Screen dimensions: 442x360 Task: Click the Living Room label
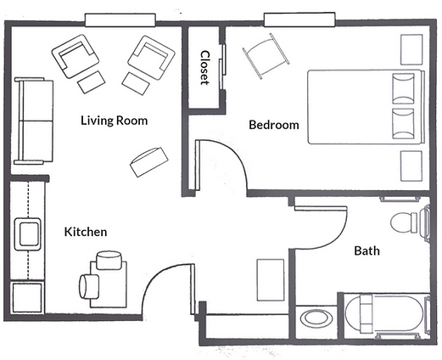[x=115, y=121]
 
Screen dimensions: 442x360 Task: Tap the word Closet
[x=204, y=68]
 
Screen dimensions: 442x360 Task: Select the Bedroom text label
[x=274, y=125]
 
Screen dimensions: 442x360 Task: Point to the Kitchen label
[x=86, y=232]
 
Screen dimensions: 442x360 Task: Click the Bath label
[x=366, y=250]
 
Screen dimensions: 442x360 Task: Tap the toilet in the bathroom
[x=410, y=223]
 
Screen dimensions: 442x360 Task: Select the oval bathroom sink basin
[x=316, y=318]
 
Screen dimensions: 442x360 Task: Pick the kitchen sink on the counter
[x=28, y=234]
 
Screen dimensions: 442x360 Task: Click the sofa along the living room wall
[x=34, y=121]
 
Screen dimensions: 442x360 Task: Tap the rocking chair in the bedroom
[x=266, y=56]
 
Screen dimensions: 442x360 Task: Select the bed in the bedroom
[x=366, y=107]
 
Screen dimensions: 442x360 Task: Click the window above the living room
[x=120, y=20]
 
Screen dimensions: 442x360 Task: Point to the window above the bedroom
[x=299, y=20]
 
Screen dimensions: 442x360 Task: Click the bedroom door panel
[x=198, y=165]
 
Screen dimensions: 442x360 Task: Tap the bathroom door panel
[x=321, y=208]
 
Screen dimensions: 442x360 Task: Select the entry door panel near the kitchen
[x=193, y=289]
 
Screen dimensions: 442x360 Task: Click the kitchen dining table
[x=109, y=284]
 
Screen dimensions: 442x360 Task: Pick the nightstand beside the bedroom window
[x=411, y=49]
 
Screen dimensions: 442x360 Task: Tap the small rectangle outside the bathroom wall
[x=271, y=279]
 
